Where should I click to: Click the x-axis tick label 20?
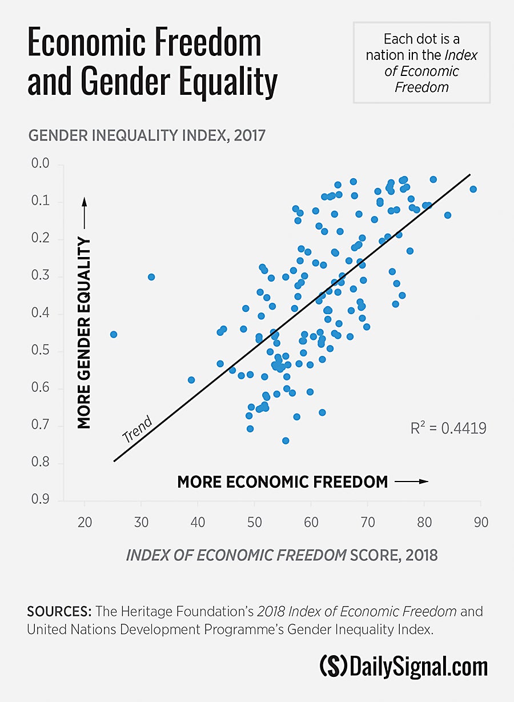[85, 522]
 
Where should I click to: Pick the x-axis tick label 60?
[311, 522]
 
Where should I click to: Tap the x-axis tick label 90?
[480, 522]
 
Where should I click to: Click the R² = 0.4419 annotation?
[448, 428]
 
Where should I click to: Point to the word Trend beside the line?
[137, 430]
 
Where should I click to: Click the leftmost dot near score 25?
[114, 334]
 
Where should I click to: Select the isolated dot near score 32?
[151, 276]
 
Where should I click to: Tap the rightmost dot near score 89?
[473, 189]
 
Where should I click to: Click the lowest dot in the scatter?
[286, 440]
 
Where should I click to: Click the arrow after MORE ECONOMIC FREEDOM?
[411, 482]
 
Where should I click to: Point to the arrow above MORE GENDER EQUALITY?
[84, 214]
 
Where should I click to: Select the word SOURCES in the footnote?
[59, 612]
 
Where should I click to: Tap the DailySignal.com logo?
[403, 666]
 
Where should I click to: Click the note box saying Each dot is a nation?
[421, 63]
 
